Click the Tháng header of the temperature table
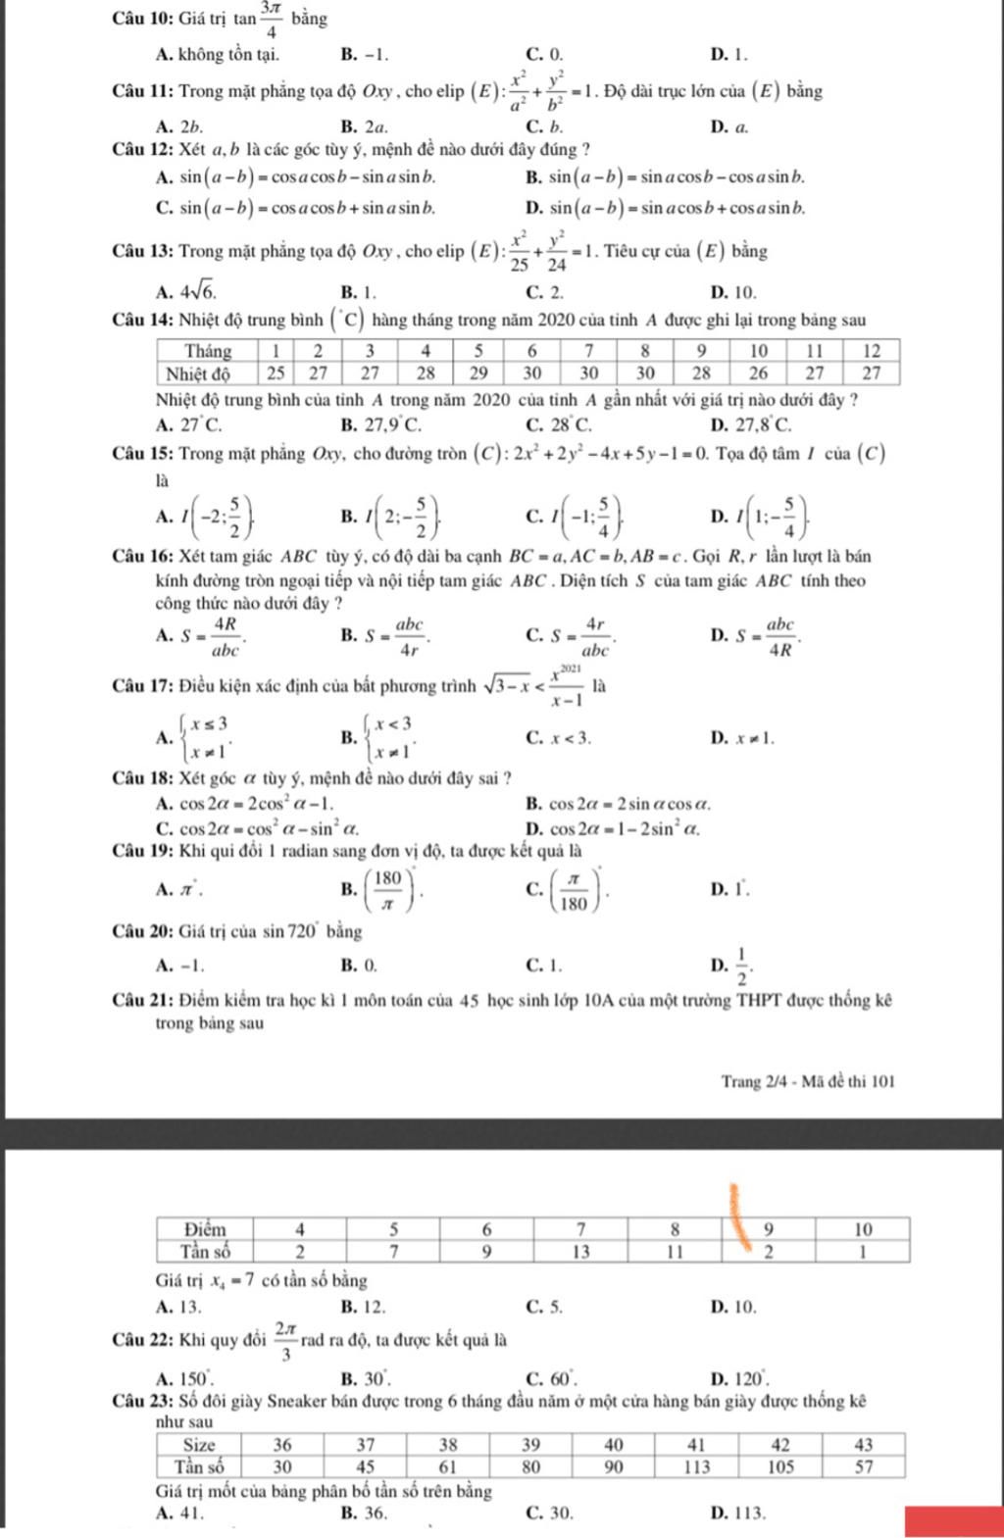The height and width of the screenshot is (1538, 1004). [x=208, y=351]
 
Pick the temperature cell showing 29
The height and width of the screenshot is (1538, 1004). [x=477, y=372]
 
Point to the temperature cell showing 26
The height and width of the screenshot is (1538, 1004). [x=759, y=372]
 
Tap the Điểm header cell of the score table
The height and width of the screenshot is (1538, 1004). [x=205, y=1229]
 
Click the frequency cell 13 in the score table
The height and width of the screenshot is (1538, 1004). [x=580, y=1250]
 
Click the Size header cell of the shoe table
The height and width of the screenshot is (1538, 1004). [x=201, y=1444]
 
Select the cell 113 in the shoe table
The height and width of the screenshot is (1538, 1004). [x=697, y=1465]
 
